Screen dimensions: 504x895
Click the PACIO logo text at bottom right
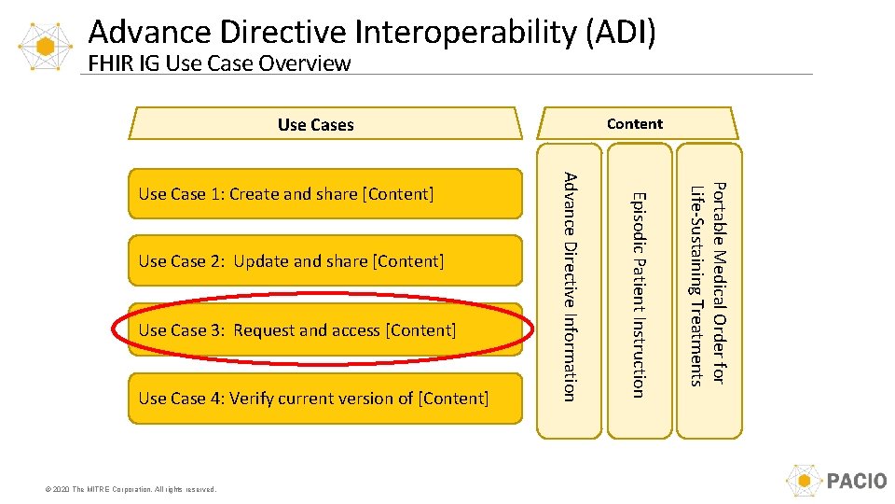[856, 482]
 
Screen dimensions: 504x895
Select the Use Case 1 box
[324, 194]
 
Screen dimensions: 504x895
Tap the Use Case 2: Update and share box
[324, 261]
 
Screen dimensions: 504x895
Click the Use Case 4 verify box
[324, 399]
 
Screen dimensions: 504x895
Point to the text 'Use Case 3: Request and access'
[296, 330]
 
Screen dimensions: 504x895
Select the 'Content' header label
[634, 123]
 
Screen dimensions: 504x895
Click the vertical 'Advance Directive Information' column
[571, 287]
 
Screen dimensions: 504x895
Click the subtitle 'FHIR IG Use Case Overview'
[219, 63]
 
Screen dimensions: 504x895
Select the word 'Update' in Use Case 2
[261, 261]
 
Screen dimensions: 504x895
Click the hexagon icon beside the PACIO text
[803, 482]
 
